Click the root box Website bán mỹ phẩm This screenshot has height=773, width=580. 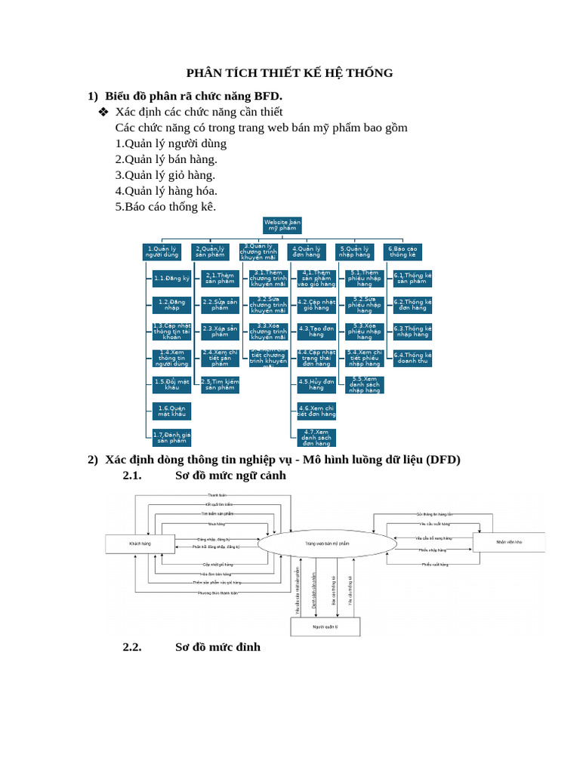(282, 225)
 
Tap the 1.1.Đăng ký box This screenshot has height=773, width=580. (171, 279)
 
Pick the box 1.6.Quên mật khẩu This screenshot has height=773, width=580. (171, 411)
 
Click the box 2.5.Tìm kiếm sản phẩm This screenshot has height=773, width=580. (220, 384)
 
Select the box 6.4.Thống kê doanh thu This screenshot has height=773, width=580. (412, 358)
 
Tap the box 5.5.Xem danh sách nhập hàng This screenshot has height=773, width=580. (365, 384)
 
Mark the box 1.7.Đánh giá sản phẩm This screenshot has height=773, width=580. (171, 438)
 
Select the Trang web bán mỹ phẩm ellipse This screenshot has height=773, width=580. (327, 544)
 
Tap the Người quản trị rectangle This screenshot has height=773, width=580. (325, 627)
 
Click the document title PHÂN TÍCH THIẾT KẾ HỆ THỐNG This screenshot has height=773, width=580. (290, 73)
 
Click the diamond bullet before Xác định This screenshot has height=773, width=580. (103, 112)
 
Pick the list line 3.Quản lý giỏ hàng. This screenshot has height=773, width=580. (165, 175)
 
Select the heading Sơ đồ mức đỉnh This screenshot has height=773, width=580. (217, 647)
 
